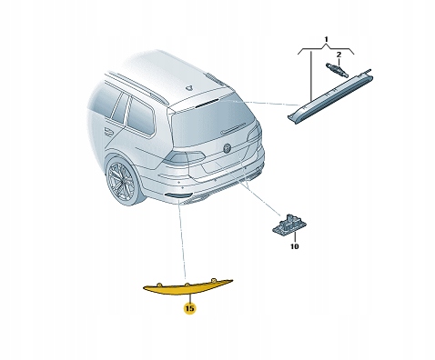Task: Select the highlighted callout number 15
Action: [x=189, y=309]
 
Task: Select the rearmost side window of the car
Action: [x=140, y=116]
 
